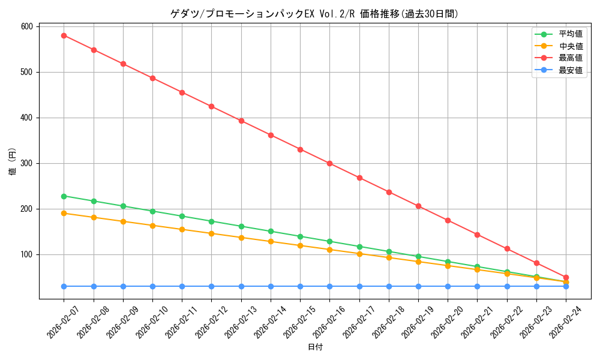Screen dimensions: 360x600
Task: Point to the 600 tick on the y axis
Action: click(x=27, y=26)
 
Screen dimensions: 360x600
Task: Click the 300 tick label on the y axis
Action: click(x=27, y=163)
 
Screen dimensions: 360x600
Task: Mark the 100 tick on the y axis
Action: click(x=27, y=254)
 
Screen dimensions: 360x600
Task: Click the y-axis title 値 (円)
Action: click(x=13, y=161)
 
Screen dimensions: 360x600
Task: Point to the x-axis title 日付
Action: click(x=315, y=347)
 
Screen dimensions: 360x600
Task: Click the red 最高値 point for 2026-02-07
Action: click(x=64, y=35)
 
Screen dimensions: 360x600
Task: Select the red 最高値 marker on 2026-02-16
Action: click(x=329, y=163)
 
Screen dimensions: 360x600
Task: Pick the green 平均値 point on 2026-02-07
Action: click(x=64, y=196)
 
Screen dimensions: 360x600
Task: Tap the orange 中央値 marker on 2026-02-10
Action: click(x=152, y=226)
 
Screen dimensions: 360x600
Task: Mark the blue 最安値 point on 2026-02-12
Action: click(x=211, y=286)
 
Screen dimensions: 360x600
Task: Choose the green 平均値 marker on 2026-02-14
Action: click(x=271, y=231)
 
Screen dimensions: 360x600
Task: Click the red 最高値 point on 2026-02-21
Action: click(x=477, y=235)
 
